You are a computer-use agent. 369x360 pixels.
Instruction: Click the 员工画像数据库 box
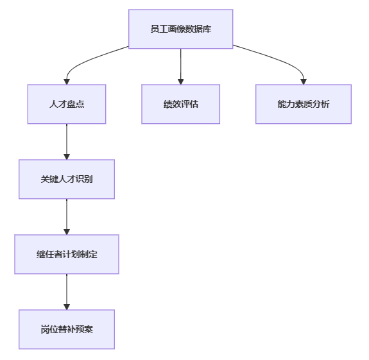coord(181,29)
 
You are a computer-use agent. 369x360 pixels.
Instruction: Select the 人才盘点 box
coord(67,104)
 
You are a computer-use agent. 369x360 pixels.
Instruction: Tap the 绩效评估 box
coord(181,104)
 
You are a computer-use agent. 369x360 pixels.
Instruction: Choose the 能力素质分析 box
coord(304,104)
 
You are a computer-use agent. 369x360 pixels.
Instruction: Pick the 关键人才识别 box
coord(67,179)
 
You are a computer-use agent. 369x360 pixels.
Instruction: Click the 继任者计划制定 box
coord(67,254)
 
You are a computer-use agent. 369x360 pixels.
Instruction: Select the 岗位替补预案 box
coord(67,329)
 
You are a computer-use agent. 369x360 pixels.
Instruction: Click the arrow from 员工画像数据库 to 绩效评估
coord(181,67)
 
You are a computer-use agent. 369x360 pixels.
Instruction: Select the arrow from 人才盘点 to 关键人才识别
coord(67,142)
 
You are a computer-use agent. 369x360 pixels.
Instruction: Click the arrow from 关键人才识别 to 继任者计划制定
coord(67,217)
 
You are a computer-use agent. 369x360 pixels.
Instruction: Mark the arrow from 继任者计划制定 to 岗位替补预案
coord(67,292)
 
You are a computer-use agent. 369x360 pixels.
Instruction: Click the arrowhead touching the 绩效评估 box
coord(181,82)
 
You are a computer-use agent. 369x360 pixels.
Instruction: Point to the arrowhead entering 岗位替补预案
coord(67,307)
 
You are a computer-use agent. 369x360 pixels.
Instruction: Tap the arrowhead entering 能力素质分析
coord(304,82)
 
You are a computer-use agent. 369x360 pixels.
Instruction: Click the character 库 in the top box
coord(207,29)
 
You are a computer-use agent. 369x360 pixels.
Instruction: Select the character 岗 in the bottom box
coord(45,329)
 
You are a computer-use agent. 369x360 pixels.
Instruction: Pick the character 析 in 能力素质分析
coord(325,104)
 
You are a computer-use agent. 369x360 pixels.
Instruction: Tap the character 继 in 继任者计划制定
coord(40,254)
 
